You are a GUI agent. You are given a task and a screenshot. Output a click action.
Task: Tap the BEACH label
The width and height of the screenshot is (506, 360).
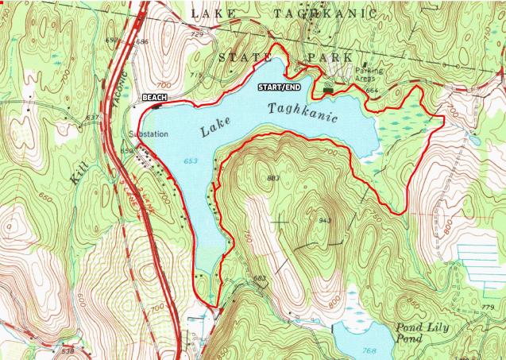153,96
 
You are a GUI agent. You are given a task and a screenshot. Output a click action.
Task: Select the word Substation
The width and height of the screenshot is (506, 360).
149,134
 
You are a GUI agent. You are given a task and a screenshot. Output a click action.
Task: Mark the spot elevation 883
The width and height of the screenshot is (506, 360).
275,178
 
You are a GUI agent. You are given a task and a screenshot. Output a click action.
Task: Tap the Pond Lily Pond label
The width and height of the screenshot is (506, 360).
420,334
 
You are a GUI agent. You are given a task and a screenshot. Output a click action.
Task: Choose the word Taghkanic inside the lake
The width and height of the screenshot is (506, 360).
303,112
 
